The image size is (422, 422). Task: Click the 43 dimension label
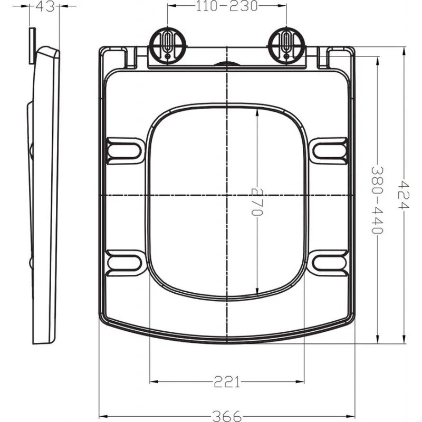[x=45, y=6]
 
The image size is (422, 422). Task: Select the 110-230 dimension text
[x=227, y=6]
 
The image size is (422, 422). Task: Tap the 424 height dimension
[x=404, y=195]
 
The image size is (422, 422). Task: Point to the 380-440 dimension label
[x=377, y=200]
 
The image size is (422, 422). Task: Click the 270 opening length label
[x=257, y=202]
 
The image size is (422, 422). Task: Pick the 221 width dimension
[x=227, y=381]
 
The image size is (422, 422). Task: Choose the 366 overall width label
[x=227, y=416]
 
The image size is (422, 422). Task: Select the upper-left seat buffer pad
[x=125, y=151]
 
